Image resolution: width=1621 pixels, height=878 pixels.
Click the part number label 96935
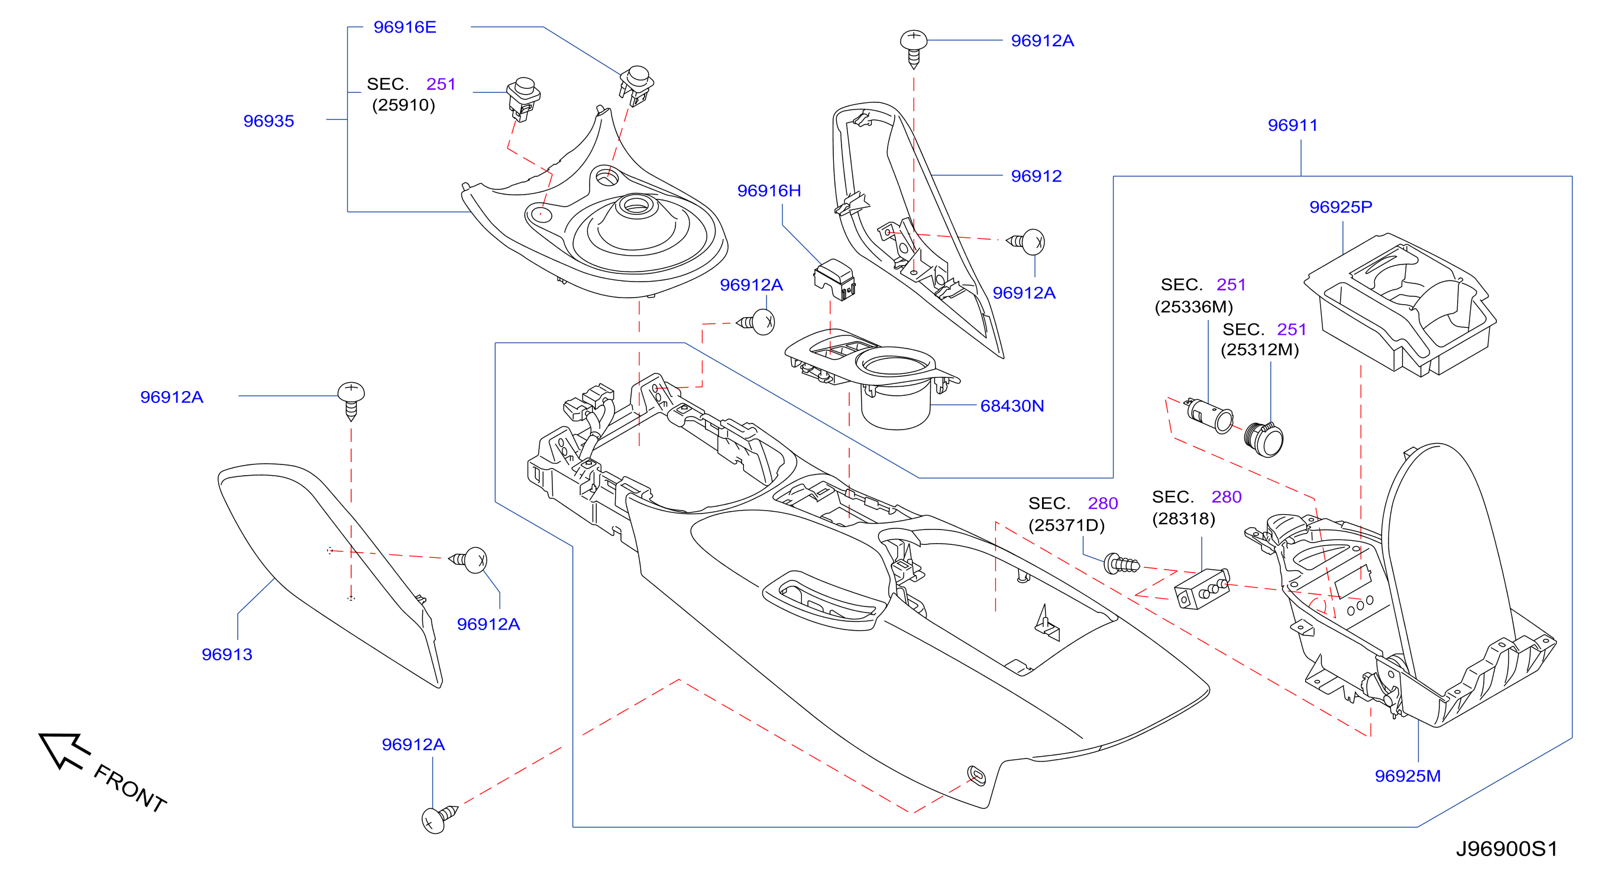coord(268,121)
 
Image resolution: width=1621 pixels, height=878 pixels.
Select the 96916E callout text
coord(405,27)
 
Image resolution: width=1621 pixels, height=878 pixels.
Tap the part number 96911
coord(1293,125)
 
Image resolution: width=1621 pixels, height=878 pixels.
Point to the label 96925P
coord(1340,207)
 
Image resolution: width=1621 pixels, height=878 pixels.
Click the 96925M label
coord(1407,776)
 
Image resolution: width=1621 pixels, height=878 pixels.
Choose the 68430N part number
coord(1012,406)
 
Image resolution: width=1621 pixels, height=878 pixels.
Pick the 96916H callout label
coord(769,191)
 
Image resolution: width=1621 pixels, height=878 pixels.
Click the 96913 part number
coord(227,654)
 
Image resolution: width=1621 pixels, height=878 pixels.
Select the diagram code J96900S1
coord(1506,849)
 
